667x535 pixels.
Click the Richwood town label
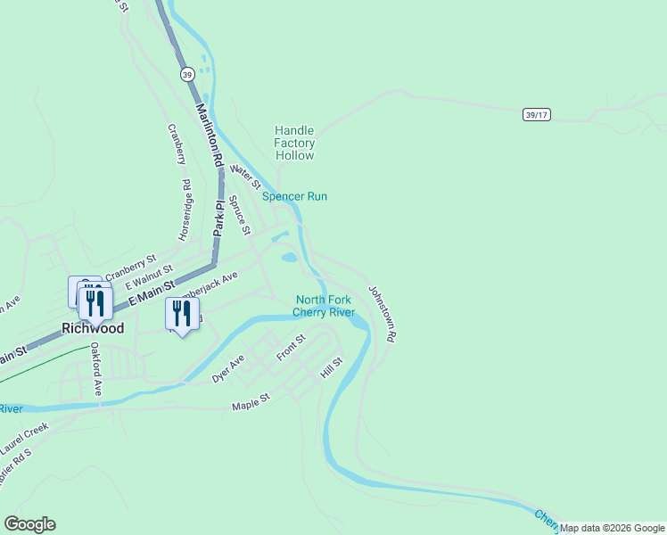point(93,328)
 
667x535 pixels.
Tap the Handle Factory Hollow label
point(294,143)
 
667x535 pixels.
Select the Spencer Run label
point(294,196)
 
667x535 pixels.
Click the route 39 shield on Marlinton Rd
point(186,74)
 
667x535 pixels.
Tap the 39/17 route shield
point(536,115)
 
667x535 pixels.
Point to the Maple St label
point(251,403)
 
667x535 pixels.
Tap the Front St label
point(291,348)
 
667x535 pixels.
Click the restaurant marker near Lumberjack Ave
point(181,315)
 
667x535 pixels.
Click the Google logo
point(29,524)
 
